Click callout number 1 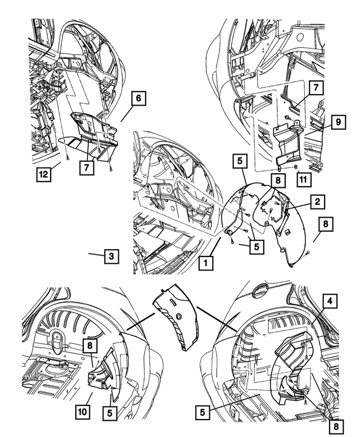click(x=206, y=263)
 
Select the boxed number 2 click(x=317, y=201)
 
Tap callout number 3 click(x=111, y=256)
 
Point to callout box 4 click(x=330, y=301)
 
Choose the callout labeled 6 click(x=138, y=98)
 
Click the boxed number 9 click(x=338, y=122)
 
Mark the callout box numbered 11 click(x=303, y=179)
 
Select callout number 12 click(x=44, y=174)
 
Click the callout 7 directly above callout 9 click(x=316, y=88)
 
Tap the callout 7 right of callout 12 click(x=87, y=168)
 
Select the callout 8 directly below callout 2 click(x=326, y=224)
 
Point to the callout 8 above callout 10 click(x=90, y=346)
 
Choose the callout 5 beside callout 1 click(x=256, y=246)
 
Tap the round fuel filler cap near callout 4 click(x=259, y=290)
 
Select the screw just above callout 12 click(x=67, y=158)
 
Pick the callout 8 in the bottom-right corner click(x=336, y=426)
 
